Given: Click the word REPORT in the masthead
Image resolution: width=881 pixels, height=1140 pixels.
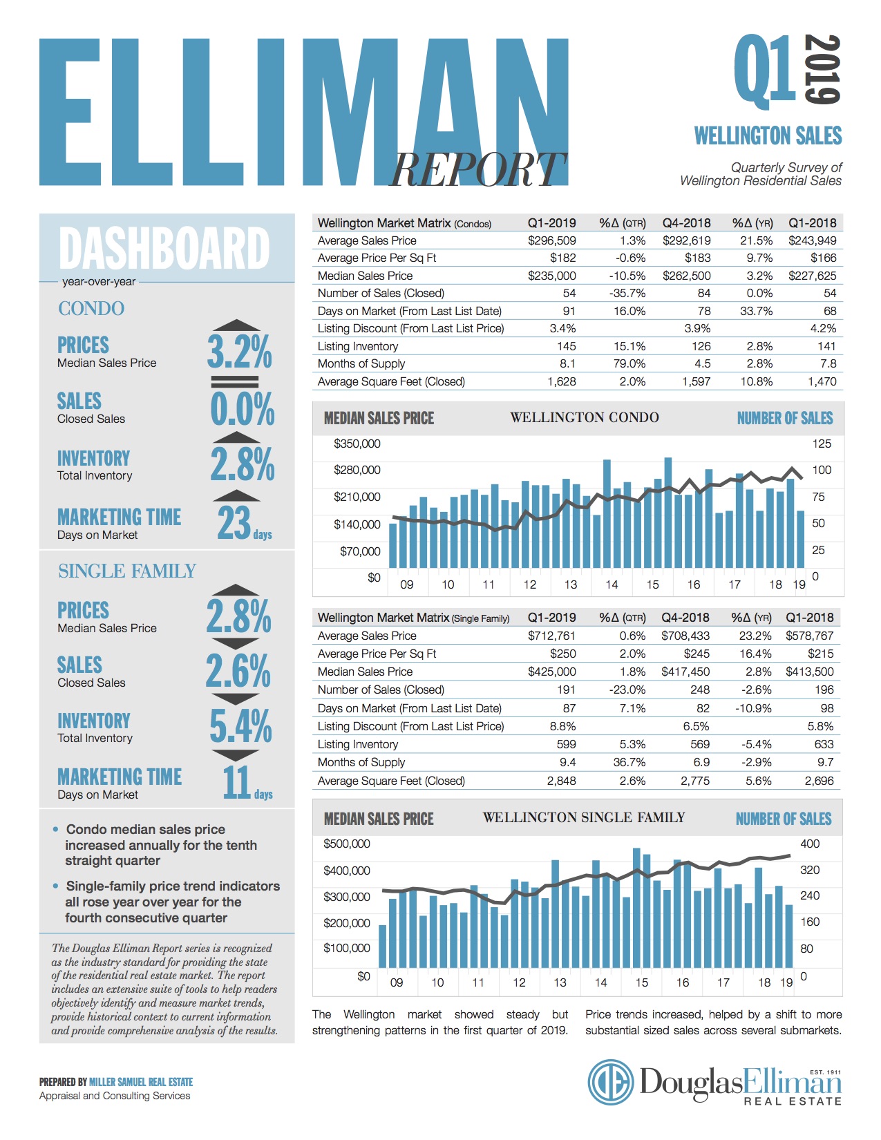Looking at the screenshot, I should pos(477,169).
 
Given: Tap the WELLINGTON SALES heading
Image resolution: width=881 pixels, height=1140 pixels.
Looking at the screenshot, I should pos(768,135).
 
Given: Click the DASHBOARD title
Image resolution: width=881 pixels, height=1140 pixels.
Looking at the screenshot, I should pos(164,248).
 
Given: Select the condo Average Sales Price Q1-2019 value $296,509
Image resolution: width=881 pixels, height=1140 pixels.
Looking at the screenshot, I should pos(551,240).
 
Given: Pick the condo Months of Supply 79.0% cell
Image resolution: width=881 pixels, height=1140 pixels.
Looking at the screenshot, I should pos(629,363).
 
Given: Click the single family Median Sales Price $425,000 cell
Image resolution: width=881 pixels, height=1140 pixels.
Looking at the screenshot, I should pos(551,672).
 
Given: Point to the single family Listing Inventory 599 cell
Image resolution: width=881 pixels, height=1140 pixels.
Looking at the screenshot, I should pos(566,744).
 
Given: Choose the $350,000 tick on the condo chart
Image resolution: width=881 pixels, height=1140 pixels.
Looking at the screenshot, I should pos(357,444).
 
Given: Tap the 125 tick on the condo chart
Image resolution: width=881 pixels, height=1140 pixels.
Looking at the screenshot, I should pos(822,444).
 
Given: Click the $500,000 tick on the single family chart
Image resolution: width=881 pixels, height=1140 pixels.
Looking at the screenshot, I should pos(347,844).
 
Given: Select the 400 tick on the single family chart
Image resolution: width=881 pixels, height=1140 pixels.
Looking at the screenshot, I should pos(810,844).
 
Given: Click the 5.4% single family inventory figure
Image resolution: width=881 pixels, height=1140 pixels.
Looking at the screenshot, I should pos(240,725).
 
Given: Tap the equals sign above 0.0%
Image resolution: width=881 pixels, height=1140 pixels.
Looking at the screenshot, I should pos(235,381).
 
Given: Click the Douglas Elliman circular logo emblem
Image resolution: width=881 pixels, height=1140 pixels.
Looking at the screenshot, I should pos(611,1083).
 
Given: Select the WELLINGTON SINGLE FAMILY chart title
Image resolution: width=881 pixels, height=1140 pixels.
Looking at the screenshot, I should pos(584,818).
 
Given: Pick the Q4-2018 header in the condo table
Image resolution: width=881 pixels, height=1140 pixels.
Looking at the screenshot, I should pos(686,223).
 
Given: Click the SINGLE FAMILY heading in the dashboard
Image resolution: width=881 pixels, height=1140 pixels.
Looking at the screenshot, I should pos(127,571).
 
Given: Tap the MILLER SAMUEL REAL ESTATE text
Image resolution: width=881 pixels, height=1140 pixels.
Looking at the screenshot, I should pos(141,1082).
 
